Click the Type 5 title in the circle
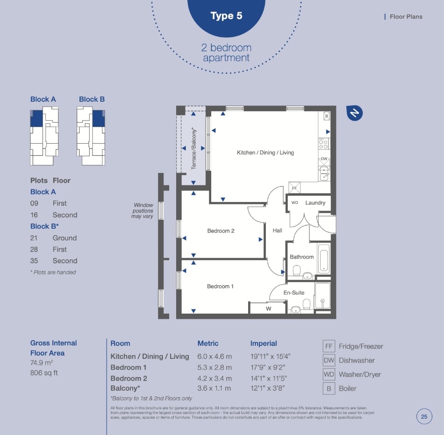pyautogui.click(x=226, y=16)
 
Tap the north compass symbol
pyautogui.click(x=355, y=113)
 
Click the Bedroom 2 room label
pyautogui.click(x=221, y=231)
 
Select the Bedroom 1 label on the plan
pyautogui.click(x=220, y=286)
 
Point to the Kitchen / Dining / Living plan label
pyautogui.click(x=265, y=153)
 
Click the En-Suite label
pyautogui.click(x=294, y=293)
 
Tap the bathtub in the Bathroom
pyautogui.click(x=324, y=258)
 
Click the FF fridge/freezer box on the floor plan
pyautogui.click(x=294, y=188)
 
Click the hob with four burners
pyautogui.click(x=324, y=144)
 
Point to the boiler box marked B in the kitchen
pyautogui.click(x=327, y=116)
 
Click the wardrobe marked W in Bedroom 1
pyautogui.click(x=268, y=309)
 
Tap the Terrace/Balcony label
pyautogui.click(x=194, y=149)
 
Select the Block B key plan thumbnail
pyautogui.click(x=91, y=136)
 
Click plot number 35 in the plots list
pyautogui.click(x=34, y=261)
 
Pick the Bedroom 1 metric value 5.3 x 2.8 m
pyautogui.click(x=215, y=367)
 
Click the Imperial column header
pyautogui.click(x=264, y=344)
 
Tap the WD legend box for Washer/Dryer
pyautogui.click(x=329, y=374)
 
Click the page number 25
pyautogui.click(x=424, y=417)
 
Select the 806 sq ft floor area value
pyautogui.click(x=44, y=373)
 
